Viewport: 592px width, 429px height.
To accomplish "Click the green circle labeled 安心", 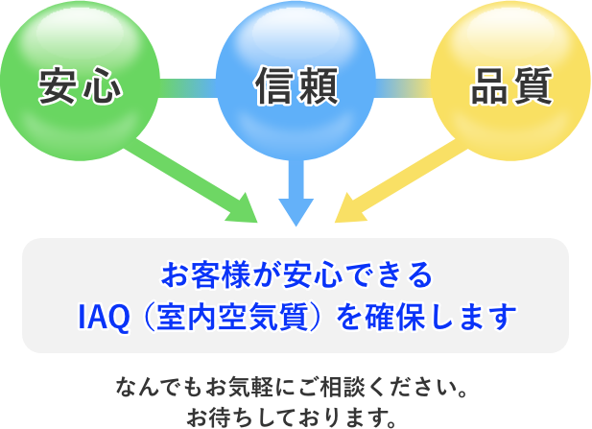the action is (x=80, y=81).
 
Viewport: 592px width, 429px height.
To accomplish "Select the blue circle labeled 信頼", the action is (x=296, y=81).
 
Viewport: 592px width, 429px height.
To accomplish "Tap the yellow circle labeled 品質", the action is (x=511, y=81).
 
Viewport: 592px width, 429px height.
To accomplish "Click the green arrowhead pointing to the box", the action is (x=244, y=210).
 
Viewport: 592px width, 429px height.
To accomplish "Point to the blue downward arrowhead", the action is (x=296, y=211).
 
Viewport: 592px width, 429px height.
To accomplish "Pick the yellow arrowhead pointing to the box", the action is (x=349, y=210).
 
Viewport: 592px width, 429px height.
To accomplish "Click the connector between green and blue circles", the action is (x=188, y=88).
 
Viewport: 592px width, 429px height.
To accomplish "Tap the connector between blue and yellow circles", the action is (x=403, y=88).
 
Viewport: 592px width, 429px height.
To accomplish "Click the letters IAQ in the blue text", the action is (x=104, y=317).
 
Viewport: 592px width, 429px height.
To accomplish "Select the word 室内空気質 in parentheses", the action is (x=230, y=317).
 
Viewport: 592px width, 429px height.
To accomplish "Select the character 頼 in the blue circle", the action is (x=319, y=85).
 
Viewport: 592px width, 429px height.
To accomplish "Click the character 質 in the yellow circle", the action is (x=533, y=85).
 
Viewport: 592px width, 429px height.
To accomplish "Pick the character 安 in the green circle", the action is (x=58, y=85).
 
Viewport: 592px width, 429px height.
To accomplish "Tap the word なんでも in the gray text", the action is (x=159, y=387).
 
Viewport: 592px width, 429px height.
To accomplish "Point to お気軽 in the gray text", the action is (x=239, y=387).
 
